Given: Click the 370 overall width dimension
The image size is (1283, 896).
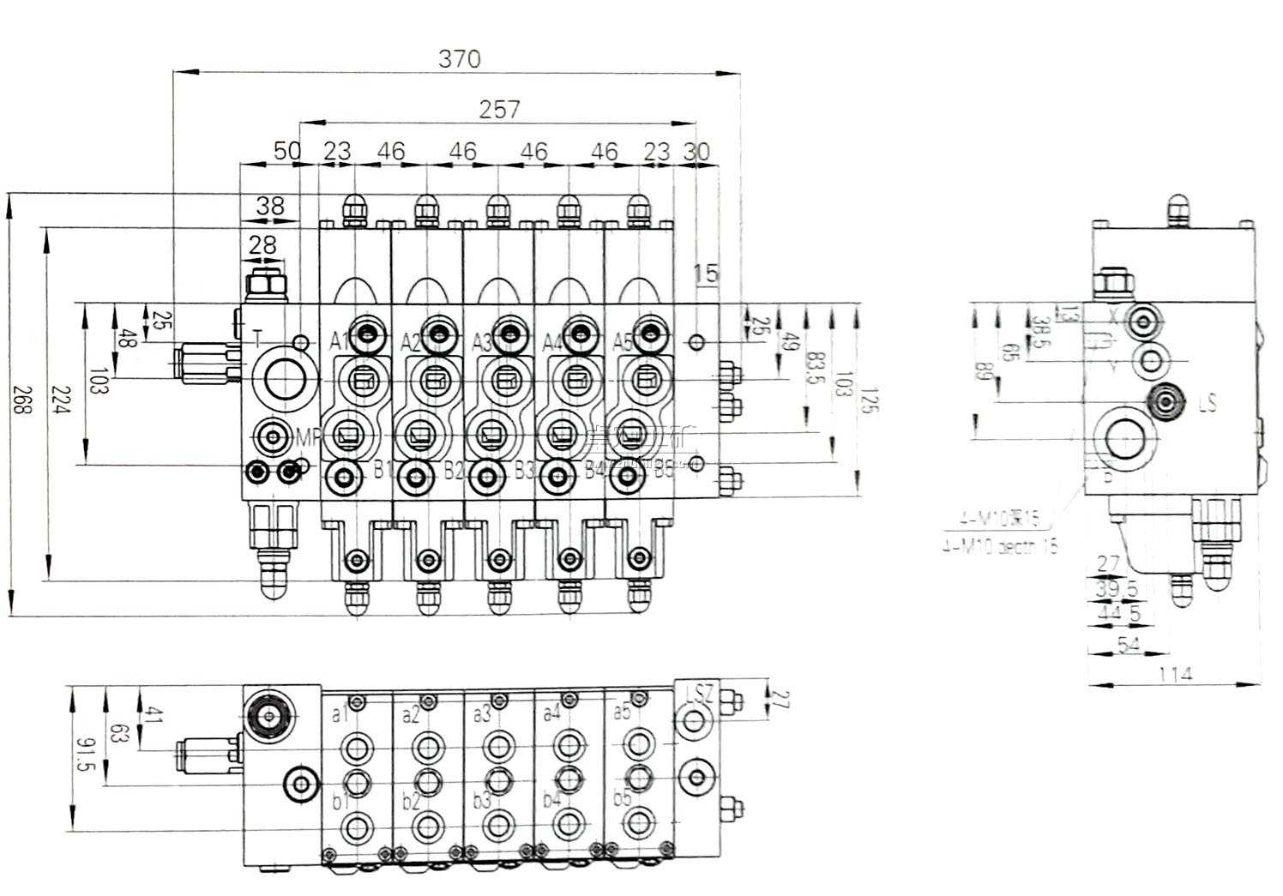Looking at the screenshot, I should click(x=460, y=59).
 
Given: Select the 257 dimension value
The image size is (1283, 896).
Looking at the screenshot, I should click(x=499, y=109).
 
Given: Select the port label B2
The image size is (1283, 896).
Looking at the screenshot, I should click(x=454, y=470).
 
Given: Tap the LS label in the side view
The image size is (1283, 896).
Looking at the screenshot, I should click(x=1206, y=402).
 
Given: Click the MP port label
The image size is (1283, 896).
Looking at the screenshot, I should click(x=306, y=437).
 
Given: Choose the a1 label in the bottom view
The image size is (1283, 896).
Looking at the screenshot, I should click(x=340, y=713).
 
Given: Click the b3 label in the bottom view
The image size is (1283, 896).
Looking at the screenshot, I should click(x=481, y=801).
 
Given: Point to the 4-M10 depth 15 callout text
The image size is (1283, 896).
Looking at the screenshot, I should click(x=999, y=545).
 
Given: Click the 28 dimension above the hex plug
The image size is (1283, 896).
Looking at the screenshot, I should click(x=262, y=245).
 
